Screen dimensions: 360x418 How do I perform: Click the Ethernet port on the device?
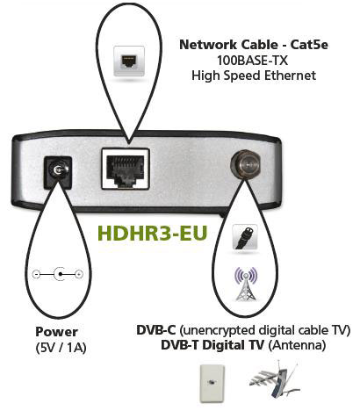pos(126,169)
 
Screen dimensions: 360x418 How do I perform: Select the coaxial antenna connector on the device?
pos(246,164)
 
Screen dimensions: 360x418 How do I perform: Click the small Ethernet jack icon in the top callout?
pos(129,61)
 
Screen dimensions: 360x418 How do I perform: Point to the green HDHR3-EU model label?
pos(153,233)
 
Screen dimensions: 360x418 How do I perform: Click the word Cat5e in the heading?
pos(309,45)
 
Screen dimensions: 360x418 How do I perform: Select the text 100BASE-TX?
pos(252,61)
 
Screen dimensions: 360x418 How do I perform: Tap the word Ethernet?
pos(291,76)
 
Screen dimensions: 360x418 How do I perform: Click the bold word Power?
pos(56,332)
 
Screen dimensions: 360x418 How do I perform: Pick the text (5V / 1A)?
pos(61,348)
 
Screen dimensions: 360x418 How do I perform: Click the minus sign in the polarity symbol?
pos(36,274)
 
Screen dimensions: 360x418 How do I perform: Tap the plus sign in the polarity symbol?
pos(79,274)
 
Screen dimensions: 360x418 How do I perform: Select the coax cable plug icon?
pos(245,237)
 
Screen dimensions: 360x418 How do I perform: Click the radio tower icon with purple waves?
pos(247,284)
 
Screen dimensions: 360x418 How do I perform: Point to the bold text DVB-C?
pos(156,330)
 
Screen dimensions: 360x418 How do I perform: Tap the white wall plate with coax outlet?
pos(212,384)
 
